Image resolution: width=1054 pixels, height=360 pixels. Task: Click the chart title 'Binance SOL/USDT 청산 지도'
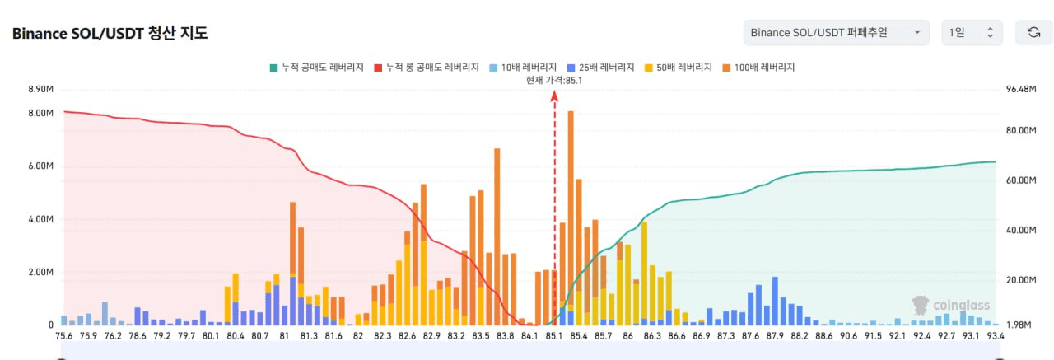pos(110,34)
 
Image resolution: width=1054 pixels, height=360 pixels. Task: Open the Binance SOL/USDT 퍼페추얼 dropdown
pos(836,33)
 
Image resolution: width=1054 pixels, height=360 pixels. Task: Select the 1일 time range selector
pos(972,33)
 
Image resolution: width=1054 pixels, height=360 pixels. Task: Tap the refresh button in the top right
pos(1033,33)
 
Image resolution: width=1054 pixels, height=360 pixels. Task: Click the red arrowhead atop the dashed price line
pos(554,96)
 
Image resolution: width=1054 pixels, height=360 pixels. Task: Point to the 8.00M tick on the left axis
pos(40,113)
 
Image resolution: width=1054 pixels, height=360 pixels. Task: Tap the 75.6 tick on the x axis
pos(64,335)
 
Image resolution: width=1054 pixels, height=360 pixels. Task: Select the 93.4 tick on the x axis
pos(996,335)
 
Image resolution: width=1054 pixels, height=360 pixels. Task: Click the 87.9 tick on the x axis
pos(775,335)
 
